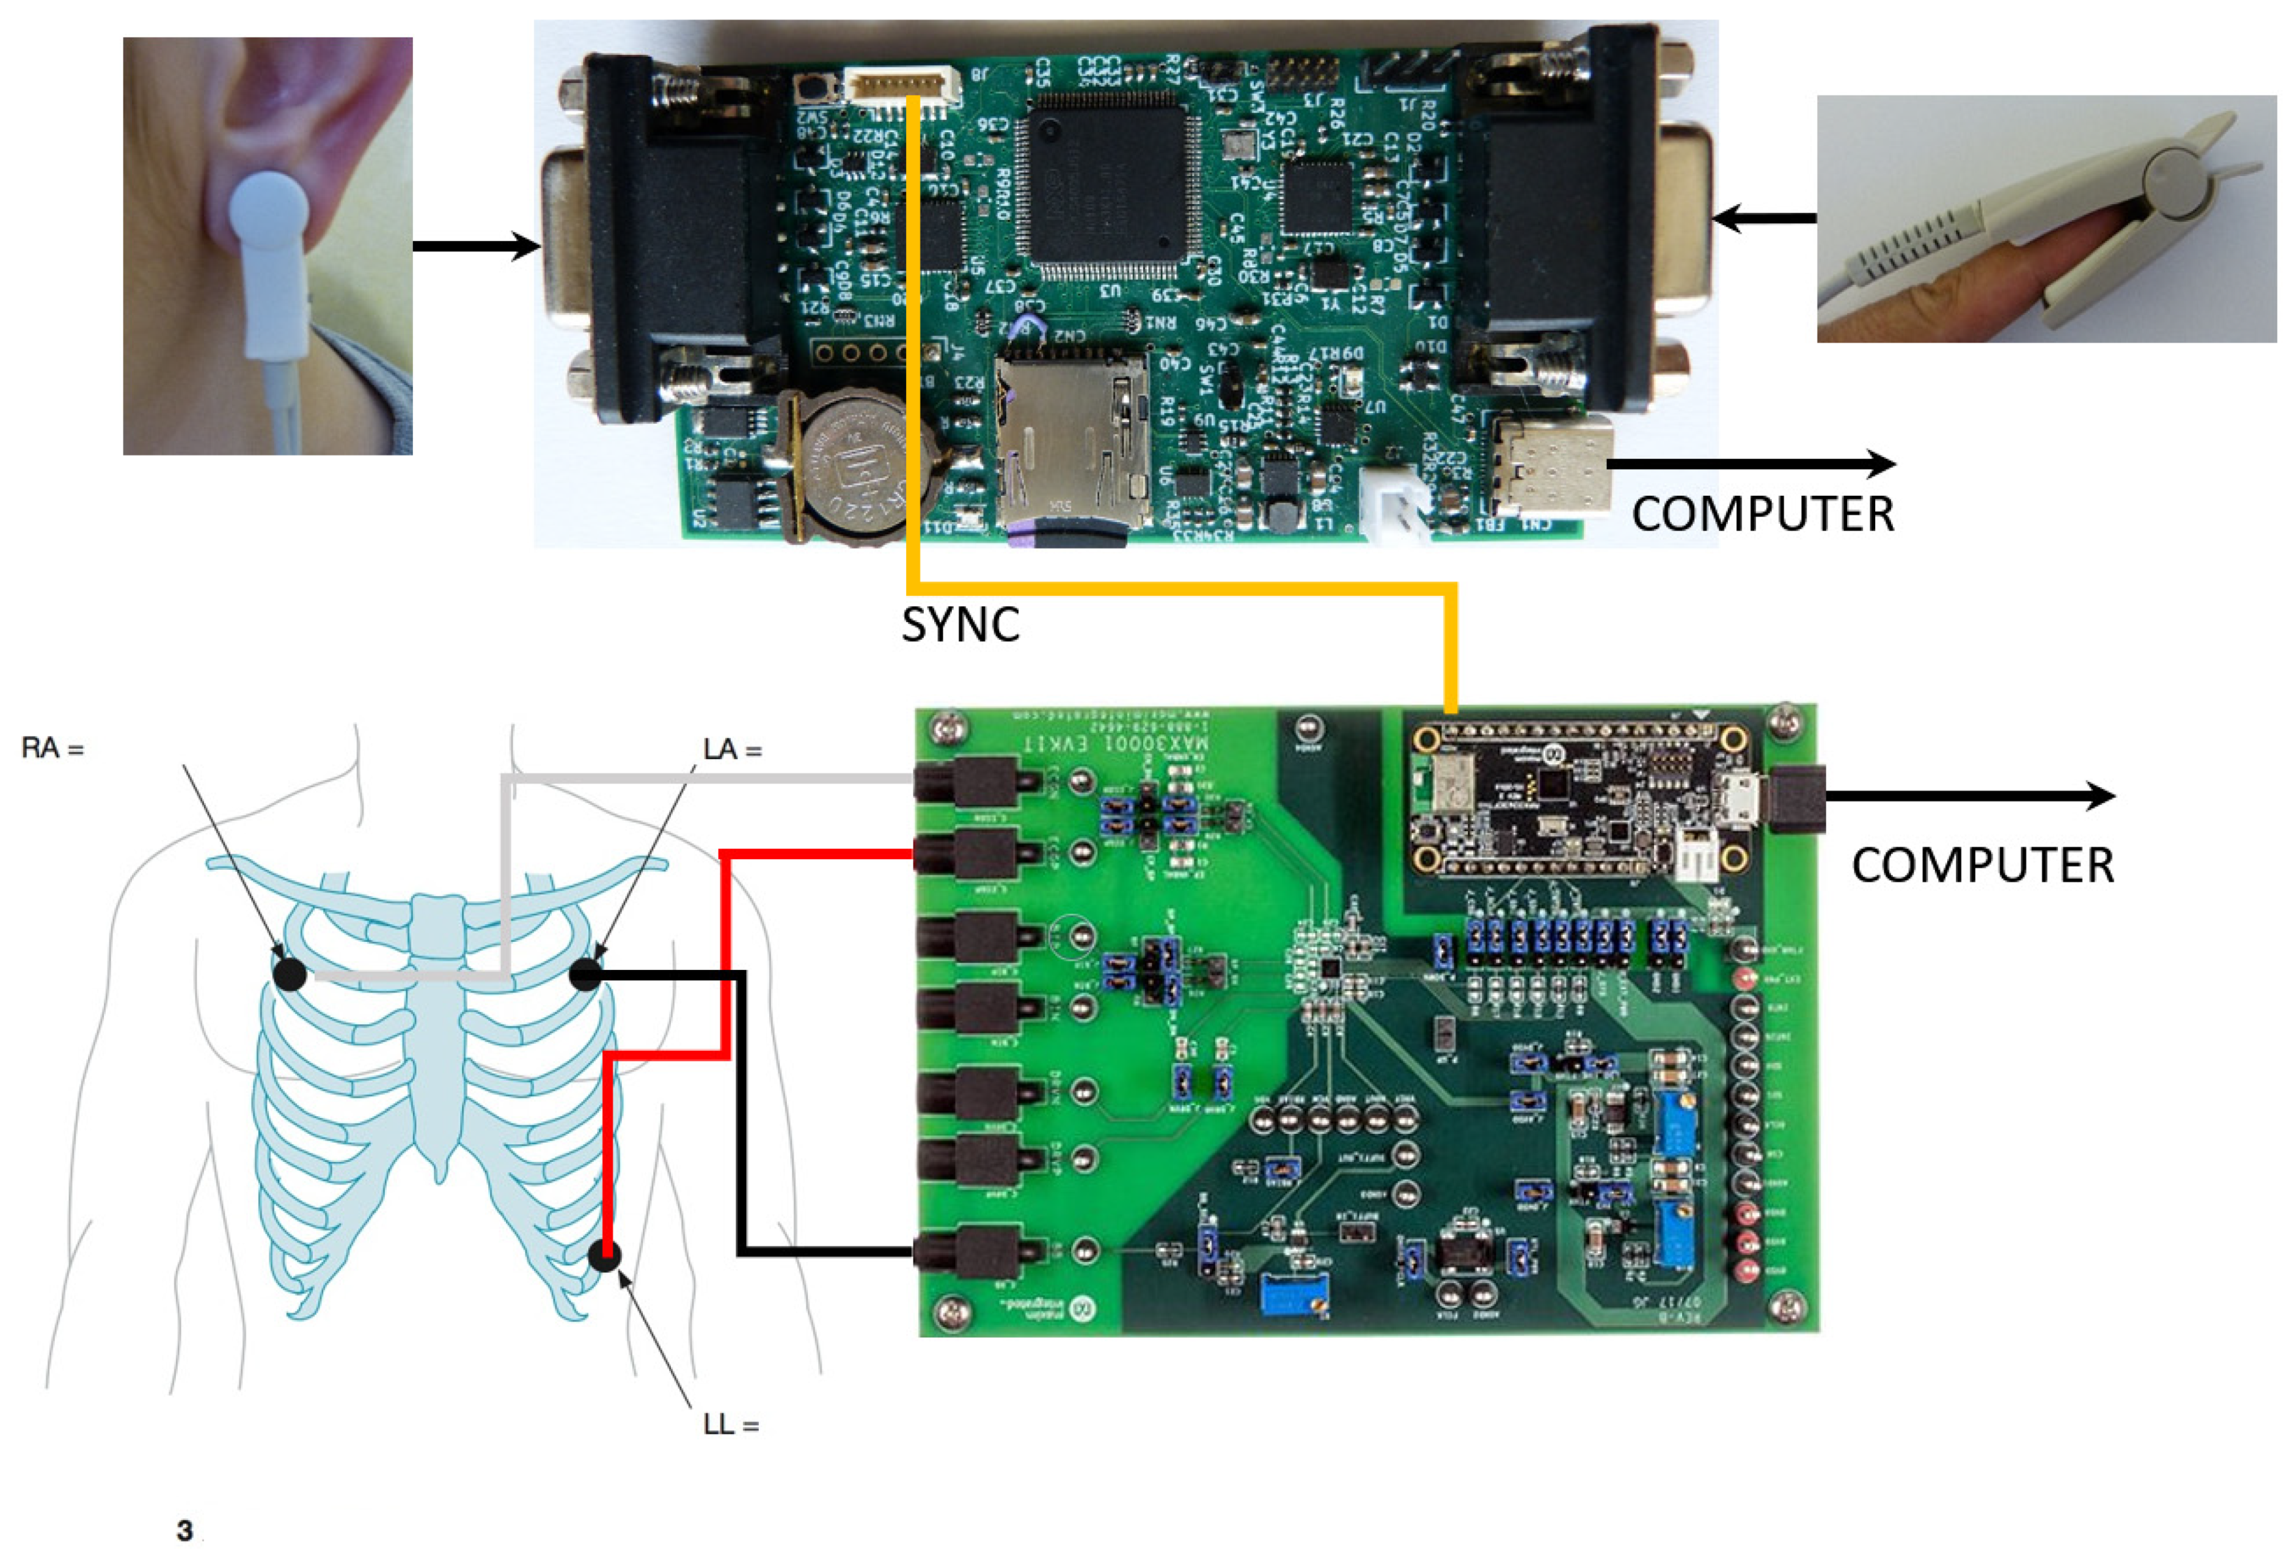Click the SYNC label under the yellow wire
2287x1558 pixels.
(x=961, y=624)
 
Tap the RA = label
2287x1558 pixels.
(x=52, y=749)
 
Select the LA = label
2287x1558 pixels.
(x=732, y=750)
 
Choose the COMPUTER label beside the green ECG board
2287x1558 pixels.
(x=1983, y=866)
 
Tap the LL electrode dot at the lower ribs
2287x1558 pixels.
(x=606, y=1255)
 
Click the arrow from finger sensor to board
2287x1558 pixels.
(x=1765, y=218)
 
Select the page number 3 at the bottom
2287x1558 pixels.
(x=184, y=1530)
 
